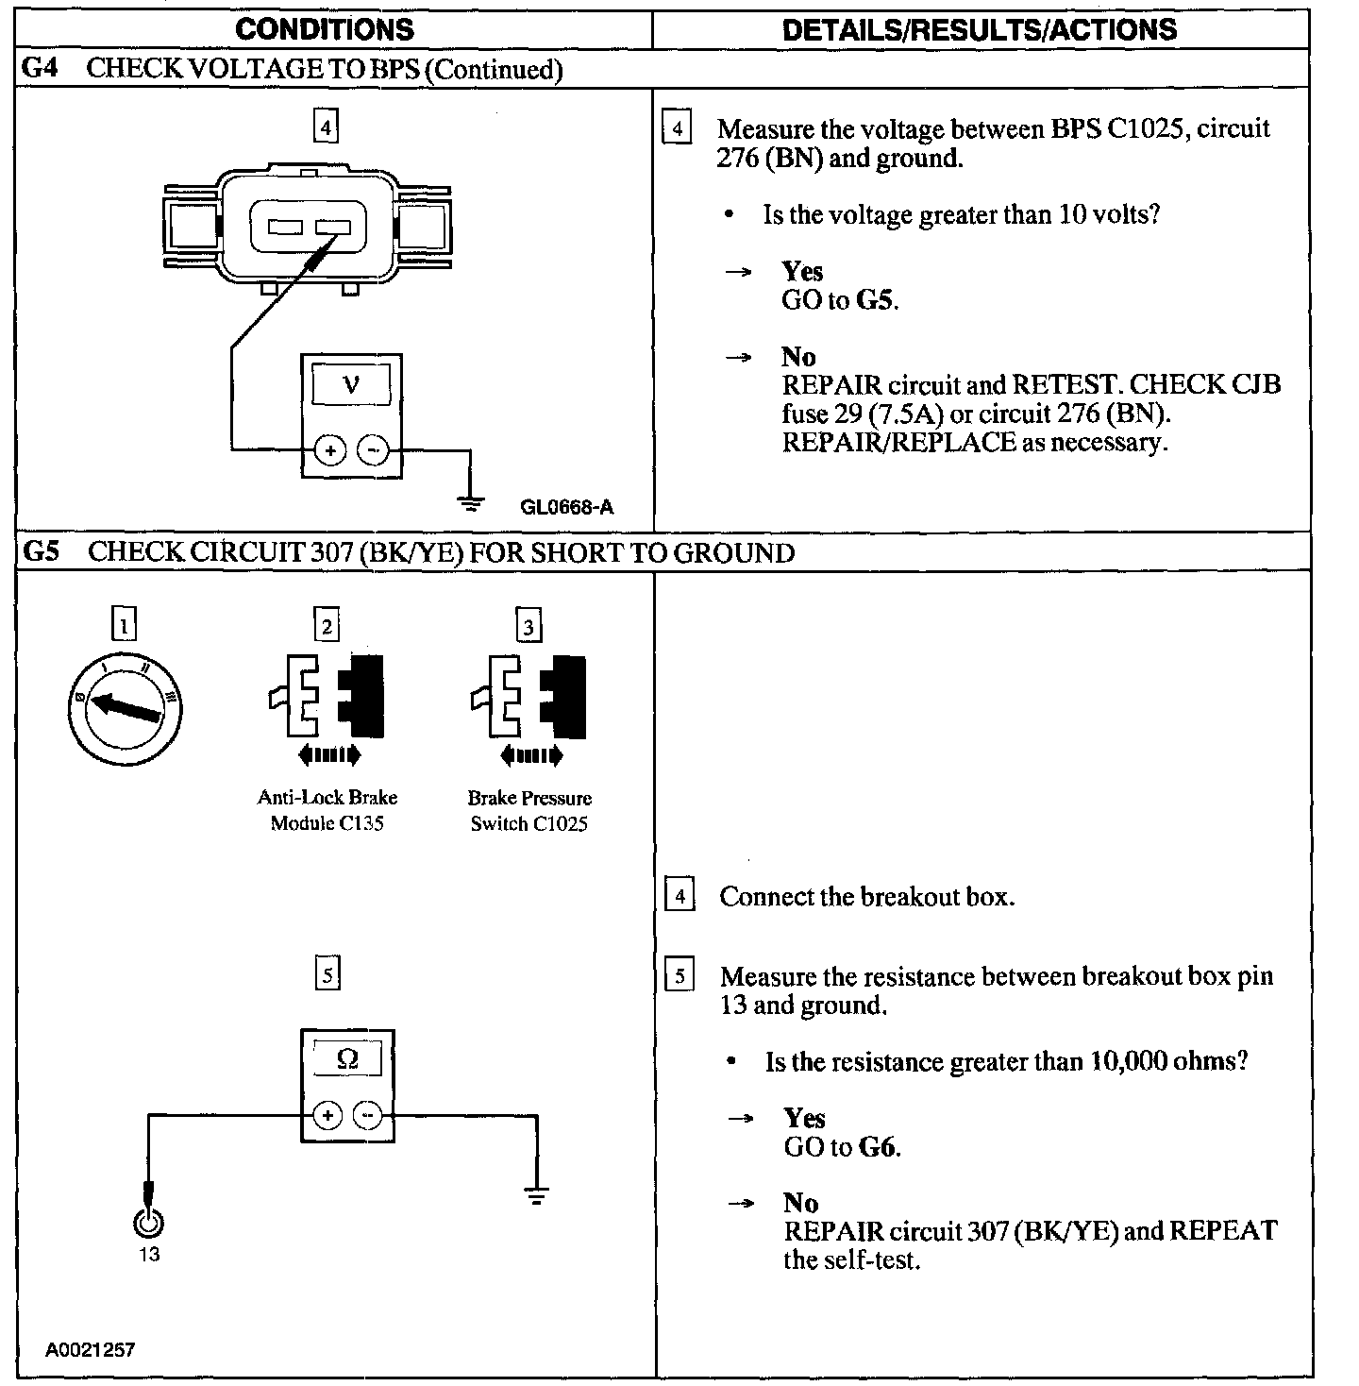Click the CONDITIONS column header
click(x=324, y=29)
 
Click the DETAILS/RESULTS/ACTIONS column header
click(x=980, y=29)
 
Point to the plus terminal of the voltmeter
click(x=329, y=451)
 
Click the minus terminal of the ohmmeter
click(x=368, y=1116)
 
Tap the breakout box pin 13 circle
click(x=148, y=1223)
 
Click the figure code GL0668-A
click(x=566, y=508)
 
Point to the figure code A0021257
click(x=91, y=1349)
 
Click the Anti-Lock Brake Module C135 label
click(x=327, y=810)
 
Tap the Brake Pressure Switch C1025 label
click(x=529, y=810)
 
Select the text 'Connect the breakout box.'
click(x=866, y=896)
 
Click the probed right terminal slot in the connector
click(x=333, y=227)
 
